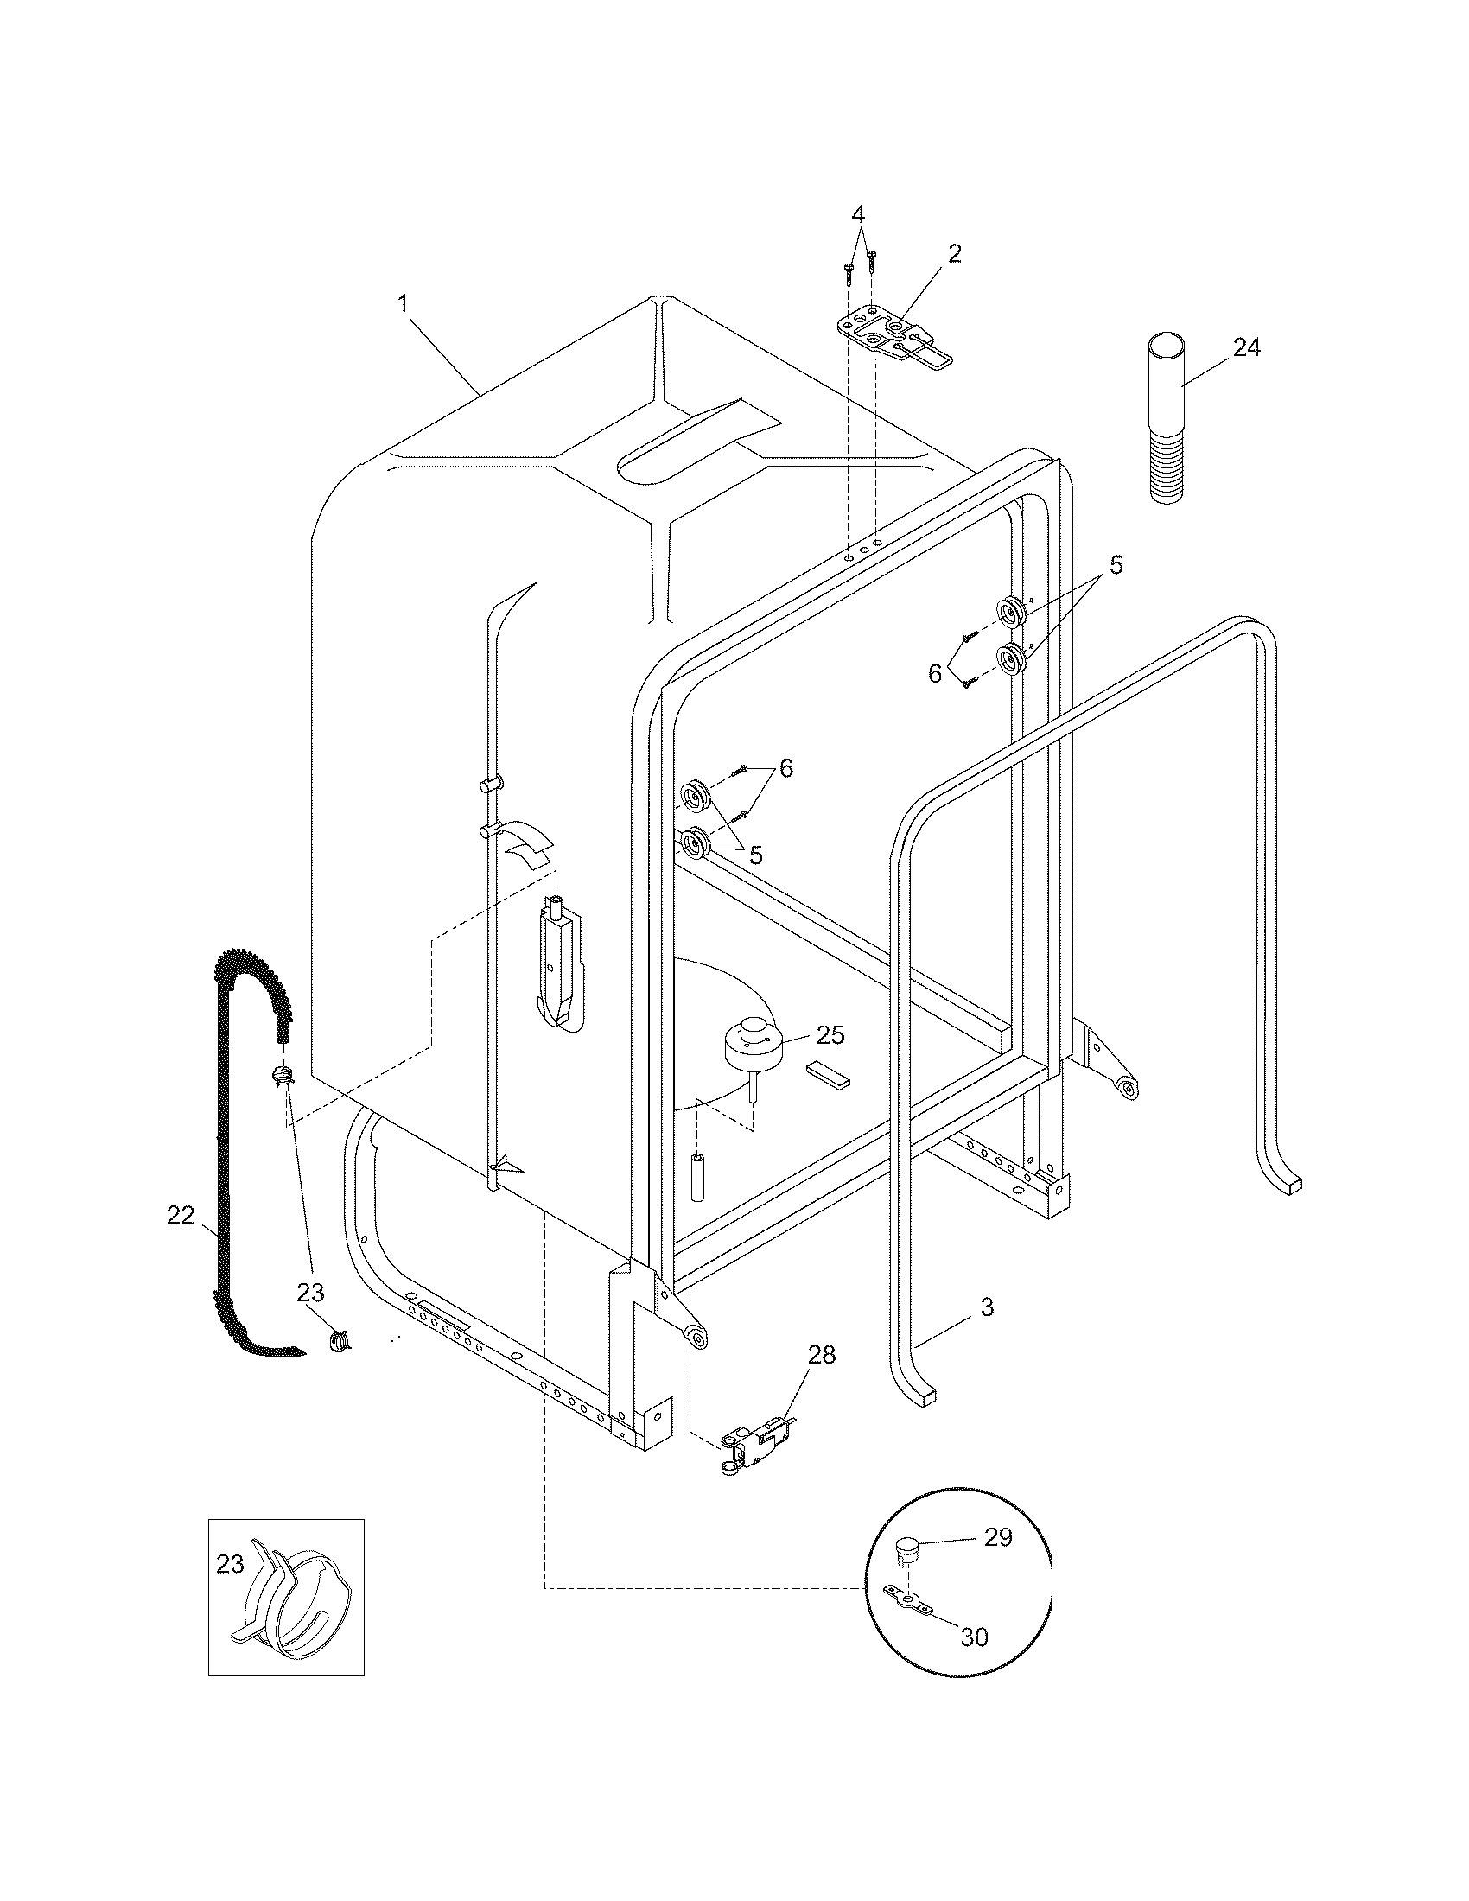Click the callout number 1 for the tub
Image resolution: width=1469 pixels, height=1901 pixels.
click(403, 304)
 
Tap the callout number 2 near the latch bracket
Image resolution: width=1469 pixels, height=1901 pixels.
click(955, 253)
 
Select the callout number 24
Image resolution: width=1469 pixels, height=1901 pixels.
click(1246, 347)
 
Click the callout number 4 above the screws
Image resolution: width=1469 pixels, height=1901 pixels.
click(858, 213)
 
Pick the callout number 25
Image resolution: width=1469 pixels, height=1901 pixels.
click(830, 1035)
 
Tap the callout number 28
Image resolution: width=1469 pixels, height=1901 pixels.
click(821, 1354)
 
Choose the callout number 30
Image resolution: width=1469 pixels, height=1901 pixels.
click(974, 1637)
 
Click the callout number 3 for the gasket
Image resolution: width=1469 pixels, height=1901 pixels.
click(987, 1307)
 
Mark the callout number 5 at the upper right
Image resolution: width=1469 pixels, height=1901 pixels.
click(1116, 565)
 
